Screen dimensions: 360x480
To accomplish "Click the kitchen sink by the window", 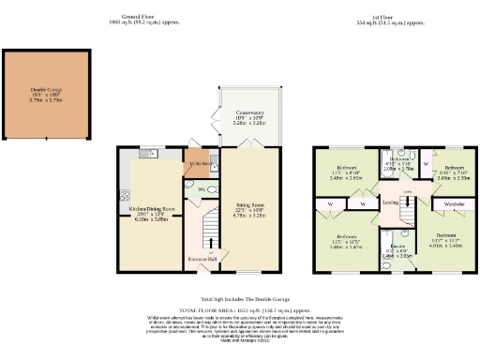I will (x=146, y=152).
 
